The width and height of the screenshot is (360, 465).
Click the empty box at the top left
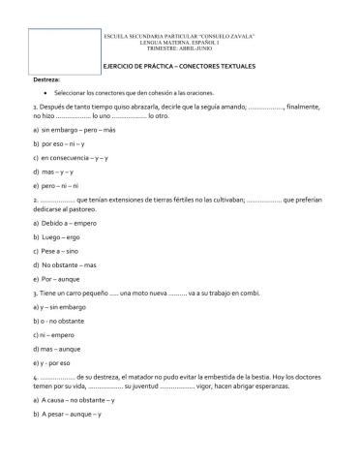click(51, 46)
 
